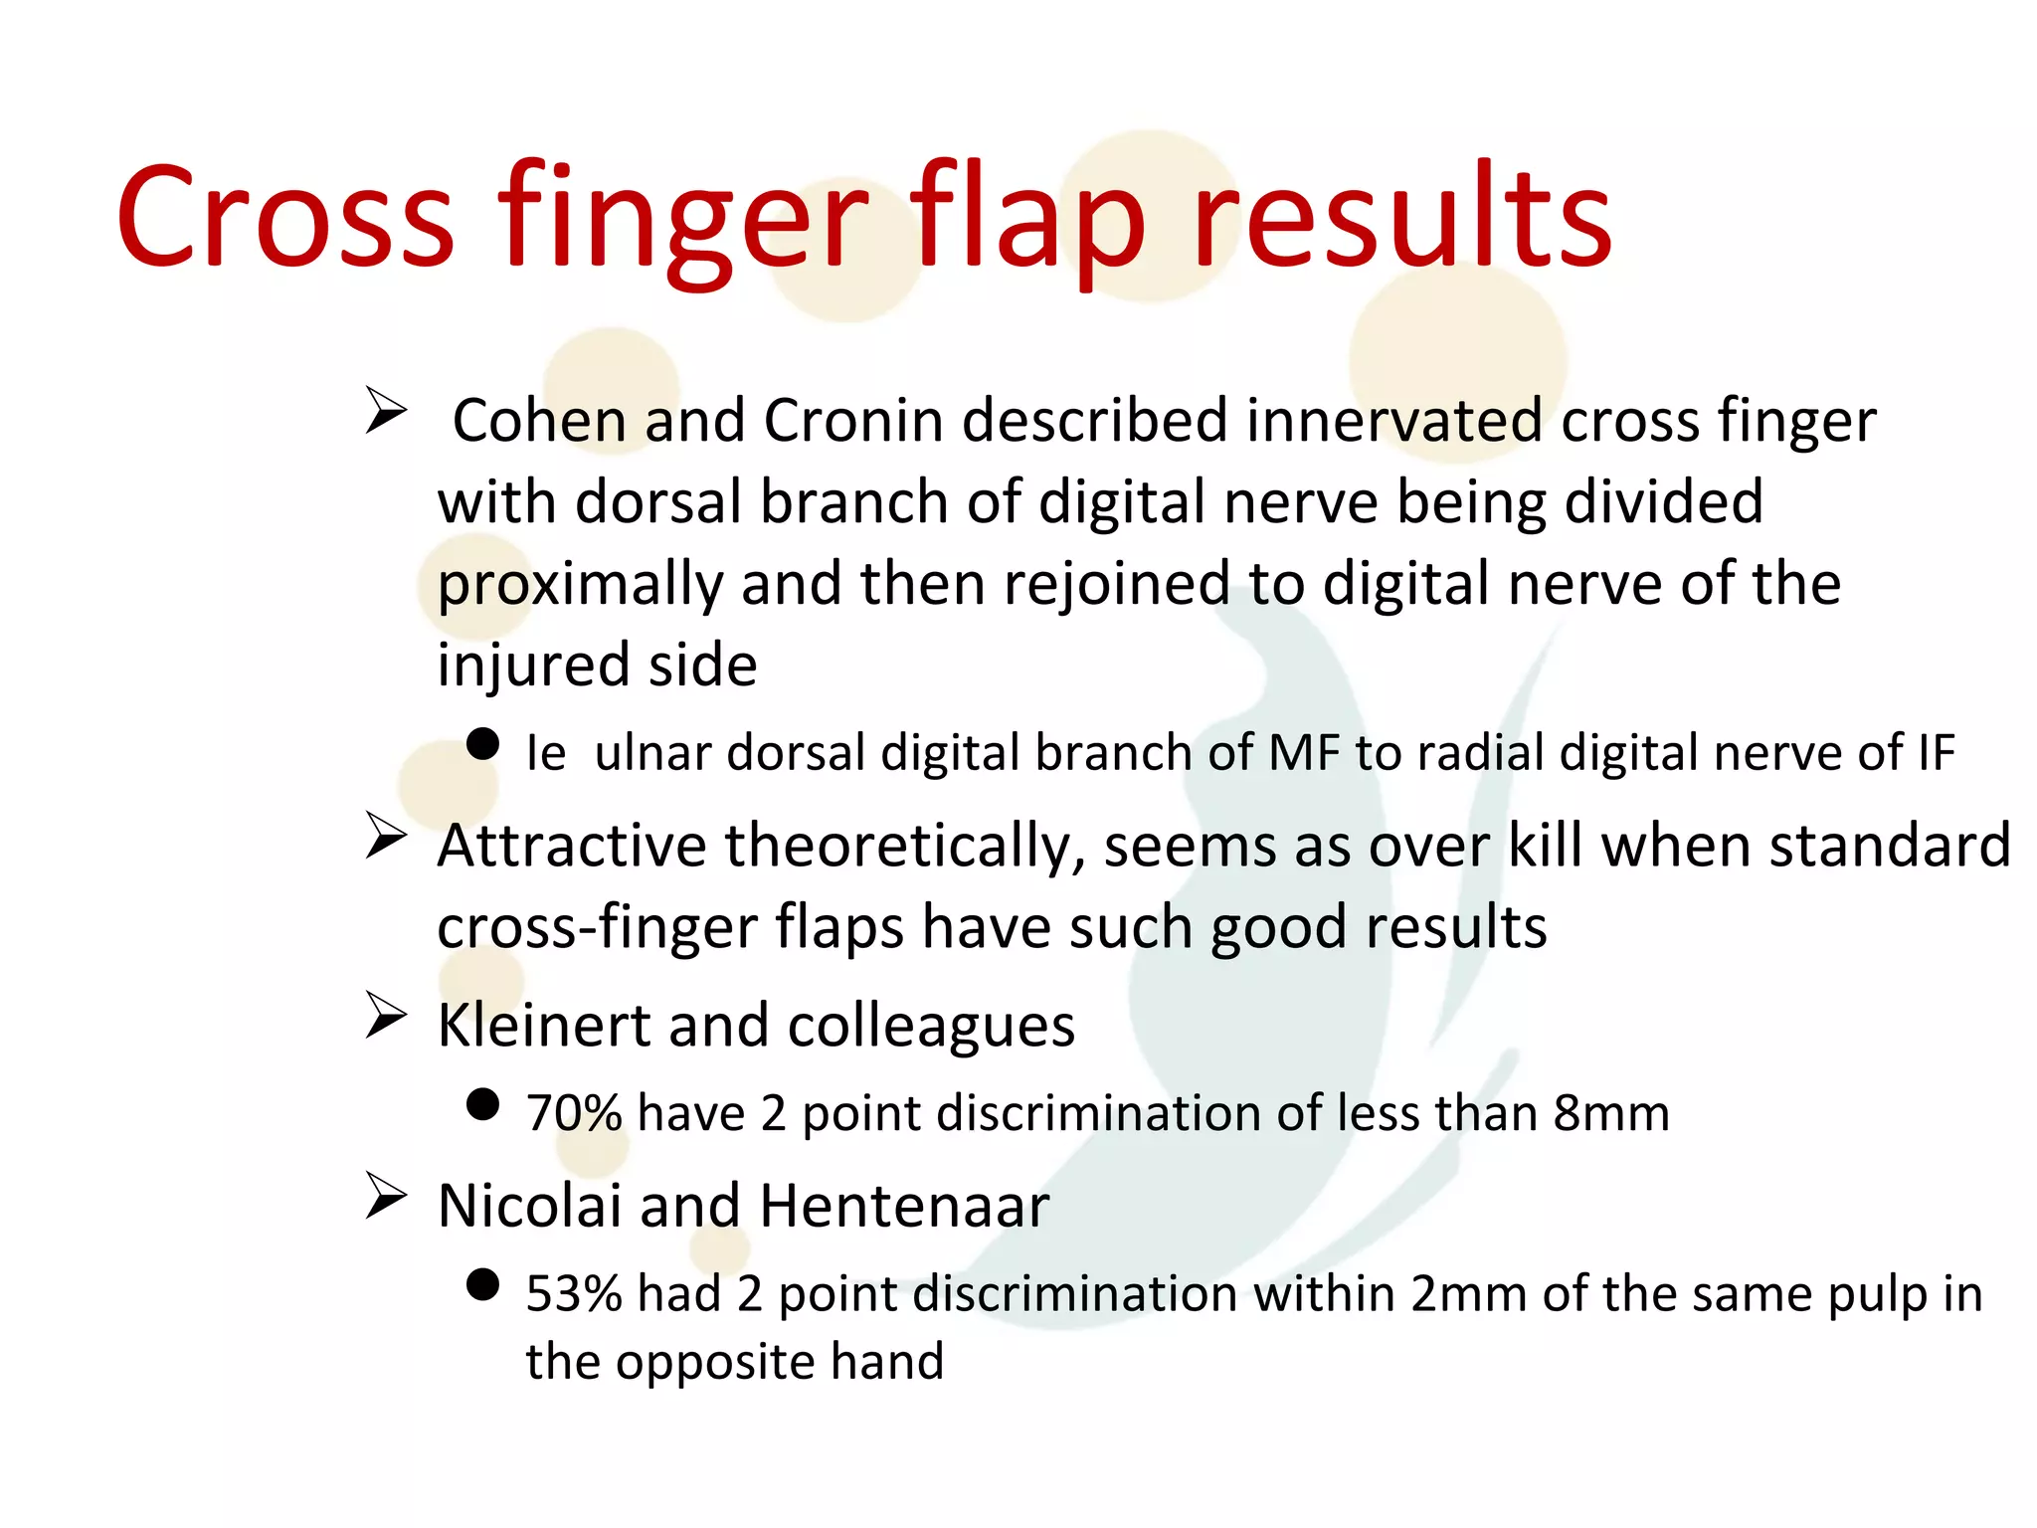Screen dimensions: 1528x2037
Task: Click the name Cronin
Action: (852, 421)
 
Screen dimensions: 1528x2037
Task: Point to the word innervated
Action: (1393, 421)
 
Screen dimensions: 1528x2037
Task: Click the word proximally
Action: (580, 585)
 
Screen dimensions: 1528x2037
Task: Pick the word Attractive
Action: (571, 847)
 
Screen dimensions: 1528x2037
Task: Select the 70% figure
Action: (573, 1113)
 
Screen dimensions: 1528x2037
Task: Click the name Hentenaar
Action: (904, 1207)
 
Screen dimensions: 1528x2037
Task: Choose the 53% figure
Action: (573, 1294)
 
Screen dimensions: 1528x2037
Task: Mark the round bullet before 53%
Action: (482, 1284)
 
